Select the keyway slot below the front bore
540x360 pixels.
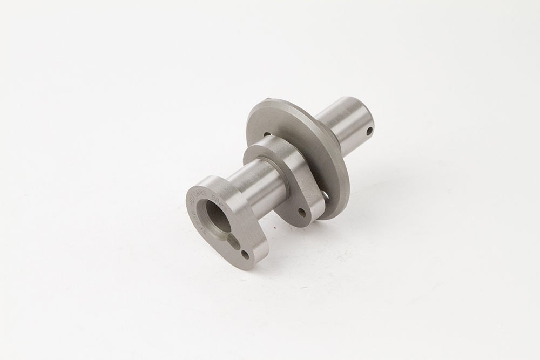pyautogui.click(x=234, y=241)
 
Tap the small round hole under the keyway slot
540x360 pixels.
pyautogui.click(x=246, y=254)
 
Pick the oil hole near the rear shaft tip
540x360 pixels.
pyautogui.click(x=369, y=131)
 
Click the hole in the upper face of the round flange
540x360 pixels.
pyautogui.click(x=266, y=134)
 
